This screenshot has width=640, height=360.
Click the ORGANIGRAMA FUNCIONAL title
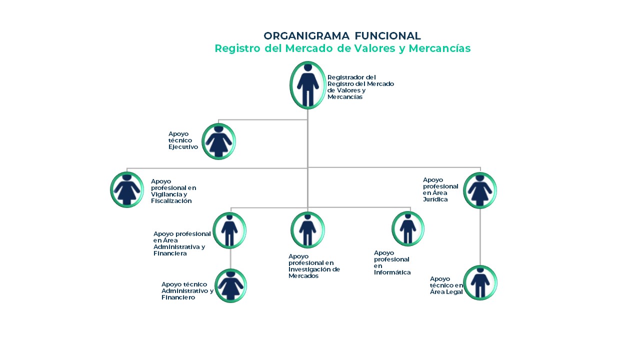point(342,36)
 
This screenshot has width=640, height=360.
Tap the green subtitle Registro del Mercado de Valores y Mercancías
point(342,48)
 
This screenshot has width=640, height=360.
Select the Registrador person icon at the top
point(307,85)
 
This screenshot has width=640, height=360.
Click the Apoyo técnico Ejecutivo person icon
point(218,141)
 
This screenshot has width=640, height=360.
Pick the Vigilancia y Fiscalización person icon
point(127,189)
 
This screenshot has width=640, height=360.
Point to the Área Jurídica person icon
point(480,190)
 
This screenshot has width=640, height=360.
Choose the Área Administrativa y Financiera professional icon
point(229,230)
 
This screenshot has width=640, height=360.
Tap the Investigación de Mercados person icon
point(307,229)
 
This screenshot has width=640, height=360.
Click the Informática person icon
point(407,228)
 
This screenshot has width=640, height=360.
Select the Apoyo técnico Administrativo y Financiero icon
point(230,285)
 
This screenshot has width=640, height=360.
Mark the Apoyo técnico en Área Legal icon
point(480,282)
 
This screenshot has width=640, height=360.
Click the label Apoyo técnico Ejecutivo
point(183,140)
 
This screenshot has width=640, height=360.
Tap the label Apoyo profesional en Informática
point(392,262)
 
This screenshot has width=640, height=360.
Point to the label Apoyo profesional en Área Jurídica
point(440,189)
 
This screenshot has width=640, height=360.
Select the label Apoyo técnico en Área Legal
point(446,285)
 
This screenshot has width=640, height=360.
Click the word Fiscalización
point(171,201)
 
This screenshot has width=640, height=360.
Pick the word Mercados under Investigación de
point(303,276)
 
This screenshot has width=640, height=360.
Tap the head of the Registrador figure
point(307,67)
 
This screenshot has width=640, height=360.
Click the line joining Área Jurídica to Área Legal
point(480,237)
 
